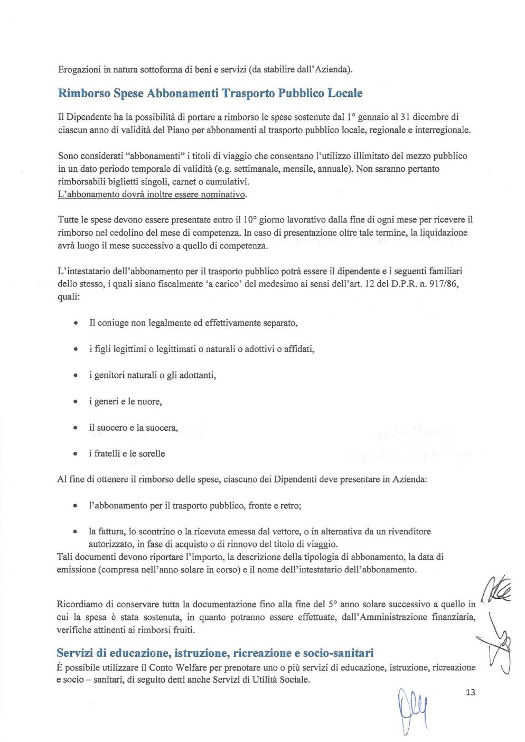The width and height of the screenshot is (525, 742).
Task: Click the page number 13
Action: click(470, 692)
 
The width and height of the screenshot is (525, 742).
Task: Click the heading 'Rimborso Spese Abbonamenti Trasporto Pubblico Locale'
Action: click(210, 94)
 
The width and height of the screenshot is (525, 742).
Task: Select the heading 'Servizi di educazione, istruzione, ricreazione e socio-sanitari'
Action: click(215, 653)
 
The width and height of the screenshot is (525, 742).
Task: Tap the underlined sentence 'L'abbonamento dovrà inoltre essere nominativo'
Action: click(152, 194)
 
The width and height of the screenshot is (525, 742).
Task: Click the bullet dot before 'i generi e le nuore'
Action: click(76, 402)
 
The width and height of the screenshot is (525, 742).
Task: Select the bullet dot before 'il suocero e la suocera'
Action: click(76, 428)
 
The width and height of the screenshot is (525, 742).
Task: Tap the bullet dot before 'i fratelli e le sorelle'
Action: click(76, 453)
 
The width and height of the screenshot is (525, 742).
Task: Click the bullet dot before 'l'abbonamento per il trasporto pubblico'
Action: click(76, 506)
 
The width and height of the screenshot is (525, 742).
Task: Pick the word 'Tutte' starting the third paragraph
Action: click(68, 219)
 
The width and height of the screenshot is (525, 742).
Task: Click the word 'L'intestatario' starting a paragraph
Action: click(83, 271)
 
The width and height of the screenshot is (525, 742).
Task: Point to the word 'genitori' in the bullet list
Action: click(109, 375)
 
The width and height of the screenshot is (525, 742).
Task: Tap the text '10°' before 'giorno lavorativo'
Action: click(250, 219)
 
